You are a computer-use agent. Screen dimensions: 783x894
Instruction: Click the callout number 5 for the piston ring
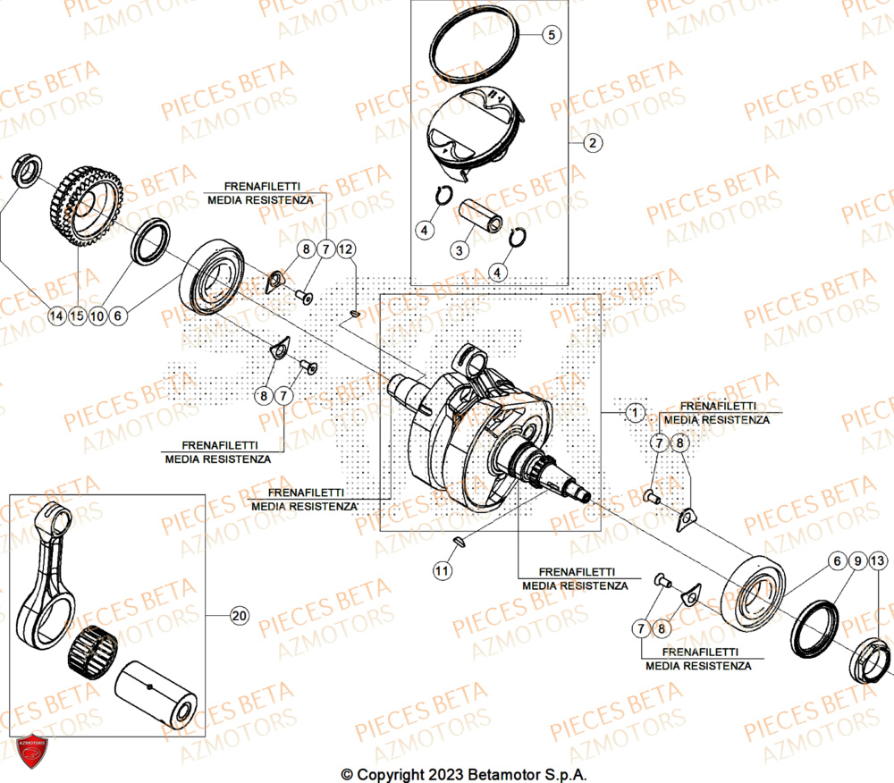[552, 36]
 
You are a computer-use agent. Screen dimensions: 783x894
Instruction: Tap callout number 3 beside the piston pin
[459, 250]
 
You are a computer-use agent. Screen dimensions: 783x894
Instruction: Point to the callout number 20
[237, 616]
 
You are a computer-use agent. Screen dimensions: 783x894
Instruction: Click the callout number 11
[441, 569]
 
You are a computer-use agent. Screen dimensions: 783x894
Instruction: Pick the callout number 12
[345, 248]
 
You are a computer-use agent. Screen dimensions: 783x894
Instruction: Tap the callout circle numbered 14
[56, 315]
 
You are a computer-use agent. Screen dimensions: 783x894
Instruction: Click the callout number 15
[77, 315]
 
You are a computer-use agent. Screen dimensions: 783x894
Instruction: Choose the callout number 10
[97, 315]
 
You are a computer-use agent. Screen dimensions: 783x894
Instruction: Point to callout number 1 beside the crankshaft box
[633, 412]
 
